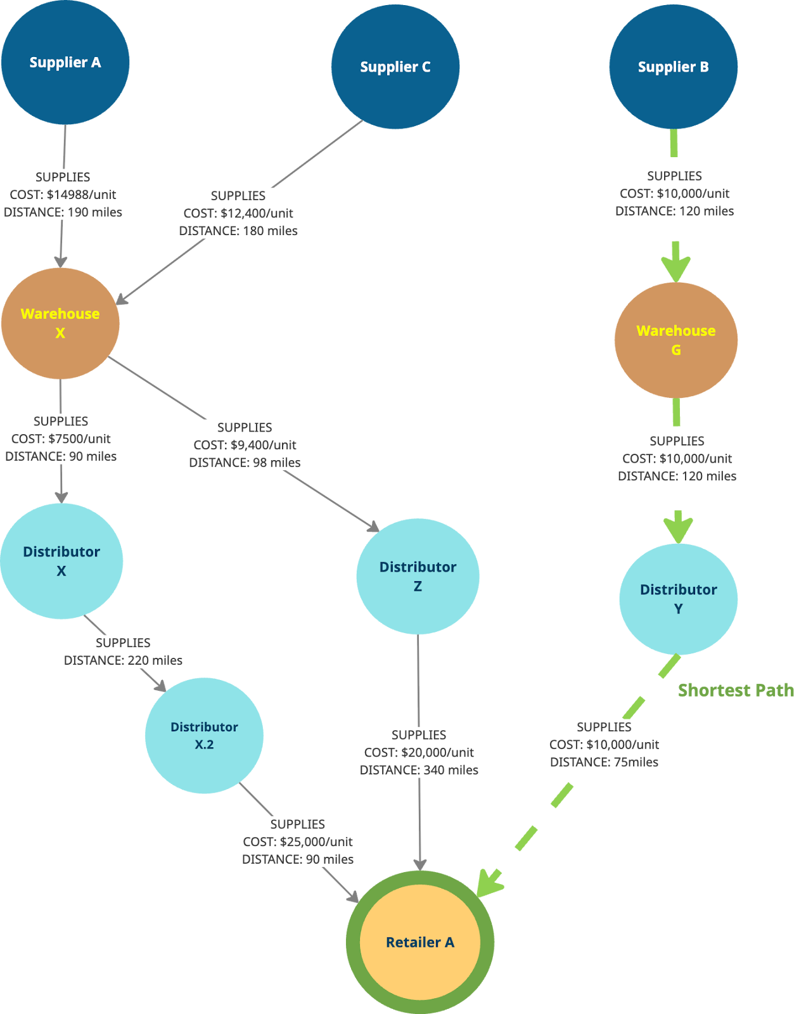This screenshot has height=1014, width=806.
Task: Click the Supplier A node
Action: tap(65, 62)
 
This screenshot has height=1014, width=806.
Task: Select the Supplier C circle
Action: tap(395, 67)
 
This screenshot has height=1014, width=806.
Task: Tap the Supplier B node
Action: tap(673, 67)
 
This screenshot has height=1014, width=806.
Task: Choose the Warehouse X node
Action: tap(60, 323)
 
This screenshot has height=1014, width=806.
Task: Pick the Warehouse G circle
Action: tap(675, 340)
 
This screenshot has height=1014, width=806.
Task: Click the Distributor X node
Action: tap(61, 561)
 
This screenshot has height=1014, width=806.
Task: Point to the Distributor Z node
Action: tap(418, 576)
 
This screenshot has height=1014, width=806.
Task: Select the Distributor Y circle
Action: tap(678, 599)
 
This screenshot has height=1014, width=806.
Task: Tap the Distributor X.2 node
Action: tap(204, 735)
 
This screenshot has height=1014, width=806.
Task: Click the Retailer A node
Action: tap(419, 942)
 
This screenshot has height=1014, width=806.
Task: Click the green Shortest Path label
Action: tap(736, 690)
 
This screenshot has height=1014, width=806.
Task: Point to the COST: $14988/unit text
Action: tap(63, 195)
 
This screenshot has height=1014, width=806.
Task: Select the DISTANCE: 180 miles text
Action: tap(238, 231)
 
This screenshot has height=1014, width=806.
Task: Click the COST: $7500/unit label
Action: tap(61, 439)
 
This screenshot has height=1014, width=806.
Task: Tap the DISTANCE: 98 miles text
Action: tap(245, 463)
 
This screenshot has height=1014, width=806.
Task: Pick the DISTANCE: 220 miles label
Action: tap(123, 660)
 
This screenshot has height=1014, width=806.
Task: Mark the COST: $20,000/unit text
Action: tap(419, 752)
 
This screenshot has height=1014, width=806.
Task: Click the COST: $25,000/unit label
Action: tap(298, 842)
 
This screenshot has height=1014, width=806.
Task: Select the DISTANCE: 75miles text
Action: tap(604, 762)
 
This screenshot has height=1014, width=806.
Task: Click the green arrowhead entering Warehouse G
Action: tap(675, 266)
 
